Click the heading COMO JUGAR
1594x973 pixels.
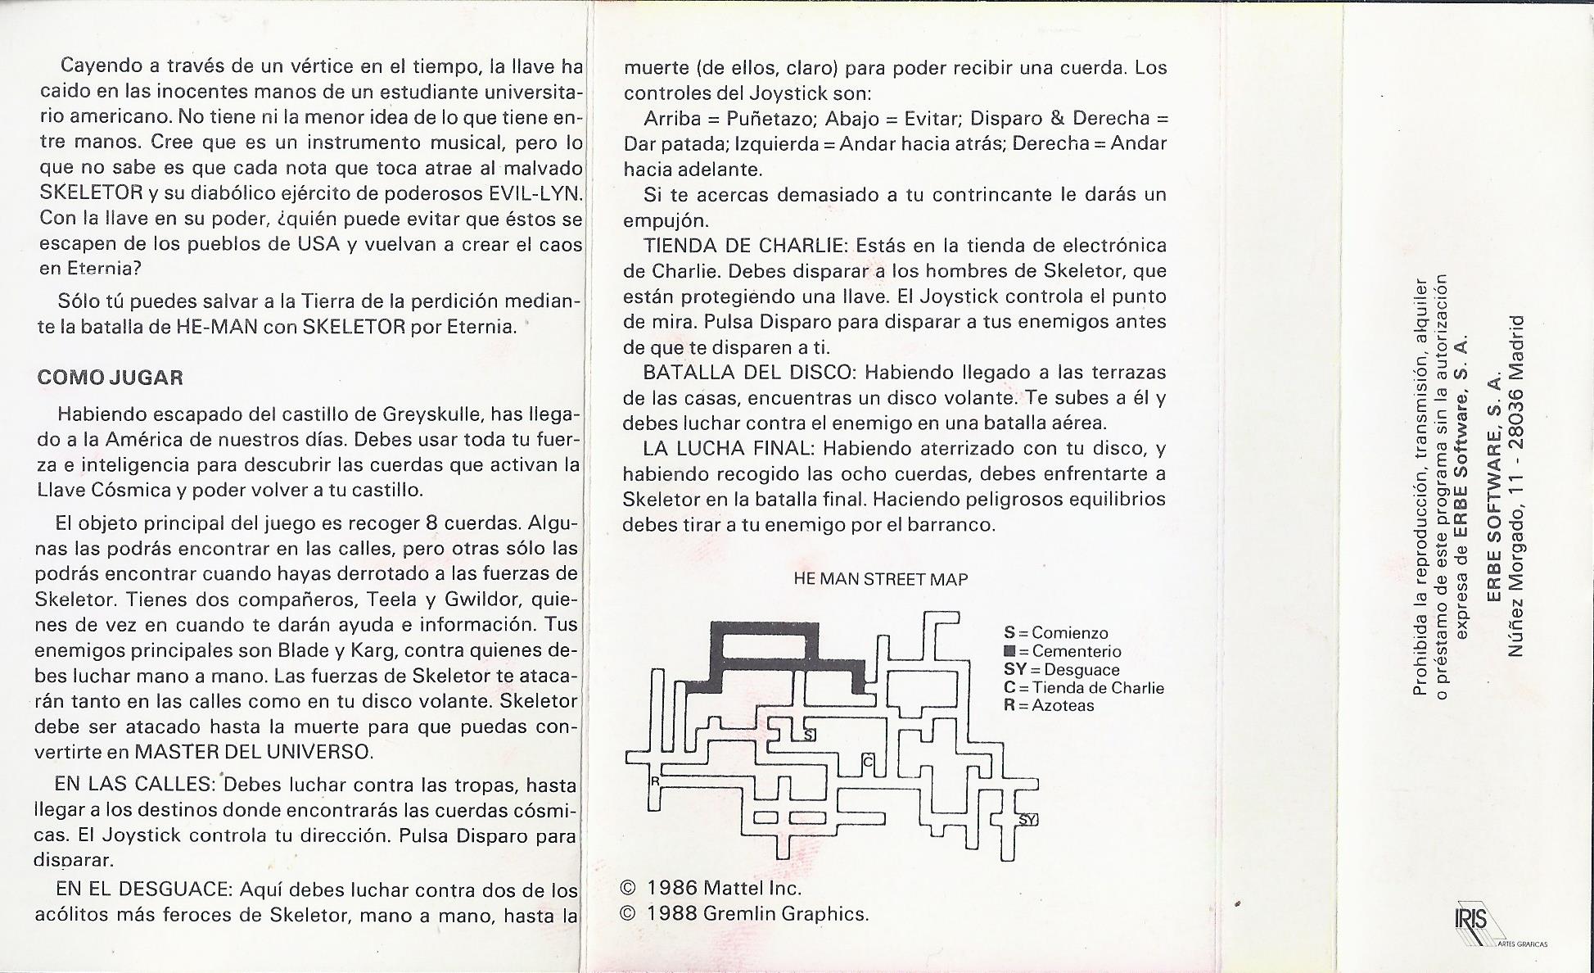tap(110, 378)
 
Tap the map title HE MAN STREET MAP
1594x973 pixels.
tap(880, 579)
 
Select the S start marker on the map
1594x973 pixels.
tap(809, 735)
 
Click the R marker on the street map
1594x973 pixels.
tap(655, 781)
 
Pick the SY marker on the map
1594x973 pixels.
tap(1027, 819)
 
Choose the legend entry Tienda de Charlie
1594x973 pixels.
tap(1083, 687)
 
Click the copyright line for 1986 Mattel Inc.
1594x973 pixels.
tap(711, 888)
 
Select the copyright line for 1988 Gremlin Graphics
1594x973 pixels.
tap(744, 913)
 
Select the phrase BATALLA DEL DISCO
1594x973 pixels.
tap(748, 372)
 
